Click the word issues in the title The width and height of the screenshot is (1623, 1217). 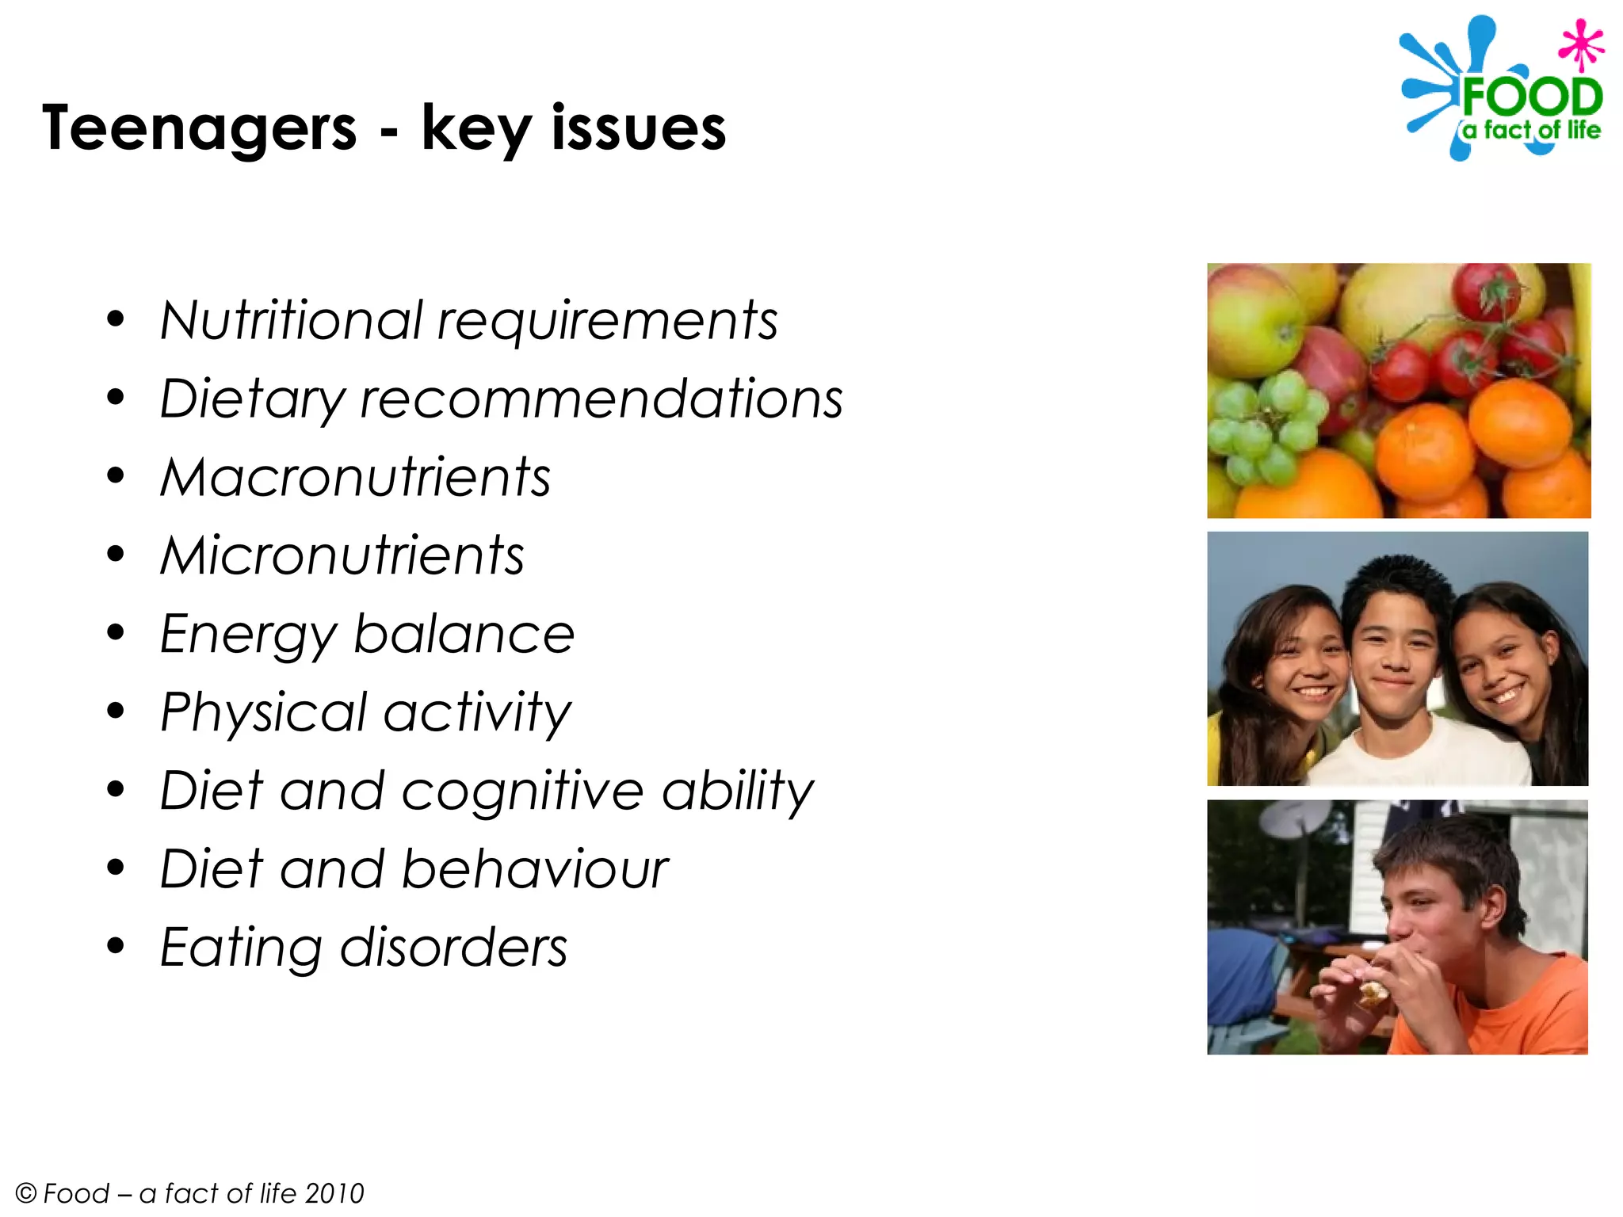coord(638,128)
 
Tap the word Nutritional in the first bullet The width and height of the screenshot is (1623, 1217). coord(292,320)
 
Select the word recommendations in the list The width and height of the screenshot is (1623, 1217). coord(601,399)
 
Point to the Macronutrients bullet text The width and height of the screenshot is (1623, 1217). coord(355,477)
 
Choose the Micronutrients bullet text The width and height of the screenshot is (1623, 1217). coord(342,555)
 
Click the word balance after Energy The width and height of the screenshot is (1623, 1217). coord(464,634)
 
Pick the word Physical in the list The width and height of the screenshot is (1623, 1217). coord(264,712)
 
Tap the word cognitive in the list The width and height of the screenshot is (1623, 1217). coord(522,791)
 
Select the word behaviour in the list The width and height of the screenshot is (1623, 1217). coord(535,869)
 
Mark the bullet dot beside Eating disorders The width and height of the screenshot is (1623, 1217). coord(116,946)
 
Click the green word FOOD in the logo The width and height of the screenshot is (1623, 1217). coord(1531,97)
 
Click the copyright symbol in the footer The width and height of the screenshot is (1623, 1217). coord(26,1193)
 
